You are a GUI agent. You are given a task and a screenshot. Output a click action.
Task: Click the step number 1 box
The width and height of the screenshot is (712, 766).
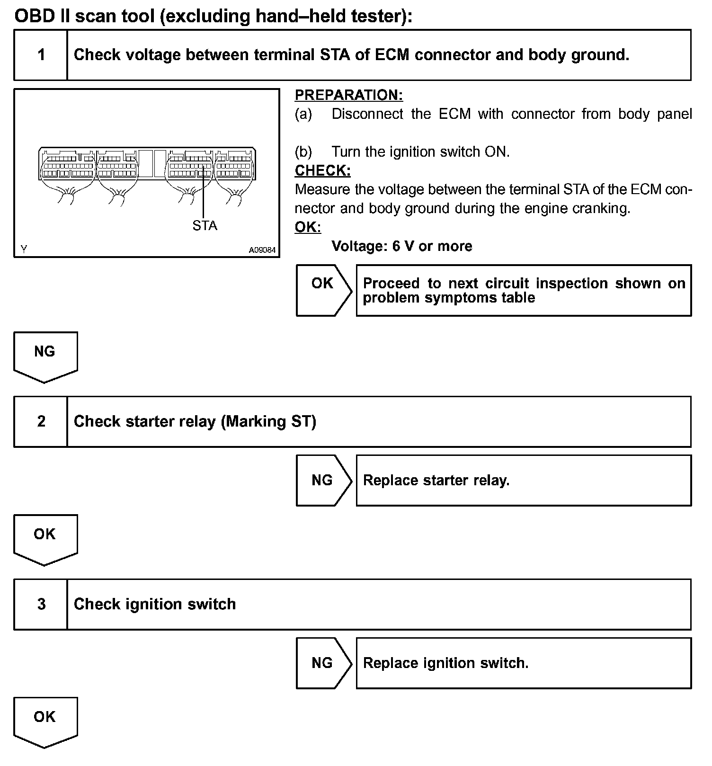click(41, 55)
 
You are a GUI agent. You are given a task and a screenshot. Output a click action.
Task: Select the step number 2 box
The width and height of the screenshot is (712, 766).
click(41, 421)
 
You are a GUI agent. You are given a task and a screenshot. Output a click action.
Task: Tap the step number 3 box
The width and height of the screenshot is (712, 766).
click(41, 604)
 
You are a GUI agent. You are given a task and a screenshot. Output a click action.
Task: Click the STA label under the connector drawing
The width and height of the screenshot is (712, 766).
click(205, 226)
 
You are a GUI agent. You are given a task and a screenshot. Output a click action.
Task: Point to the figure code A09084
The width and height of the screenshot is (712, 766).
click(262, 250)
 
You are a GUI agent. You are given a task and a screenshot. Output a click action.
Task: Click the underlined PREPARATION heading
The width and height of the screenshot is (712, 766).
click(349, 95)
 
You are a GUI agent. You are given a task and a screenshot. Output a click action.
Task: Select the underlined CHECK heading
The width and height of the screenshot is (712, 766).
click(322, 170)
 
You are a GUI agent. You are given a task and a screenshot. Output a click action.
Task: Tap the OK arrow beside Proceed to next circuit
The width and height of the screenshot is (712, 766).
click(323, 290)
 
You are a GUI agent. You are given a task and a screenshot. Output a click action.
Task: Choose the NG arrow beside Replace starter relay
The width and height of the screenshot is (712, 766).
click(323, 481)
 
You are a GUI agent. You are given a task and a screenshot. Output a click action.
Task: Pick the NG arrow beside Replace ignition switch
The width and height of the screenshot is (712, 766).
click(323, 663)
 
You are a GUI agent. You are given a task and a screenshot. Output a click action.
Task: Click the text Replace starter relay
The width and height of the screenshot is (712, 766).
click(436, 481)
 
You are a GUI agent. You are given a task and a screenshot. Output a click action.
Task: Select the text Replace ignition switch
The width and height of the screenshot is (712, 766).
click(445, 663)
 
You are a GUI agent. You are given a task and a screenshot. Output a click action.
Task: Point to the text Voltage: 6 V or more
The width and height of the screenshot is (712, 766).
click(401, 246)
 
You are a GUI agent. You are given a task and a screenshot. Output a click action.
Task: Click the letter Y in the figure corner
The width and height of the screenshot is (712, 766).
click(24, 249)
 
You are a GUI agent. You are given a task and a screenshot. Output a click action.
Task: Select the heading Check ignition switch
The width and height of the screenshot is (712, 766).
click(155, 604)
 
